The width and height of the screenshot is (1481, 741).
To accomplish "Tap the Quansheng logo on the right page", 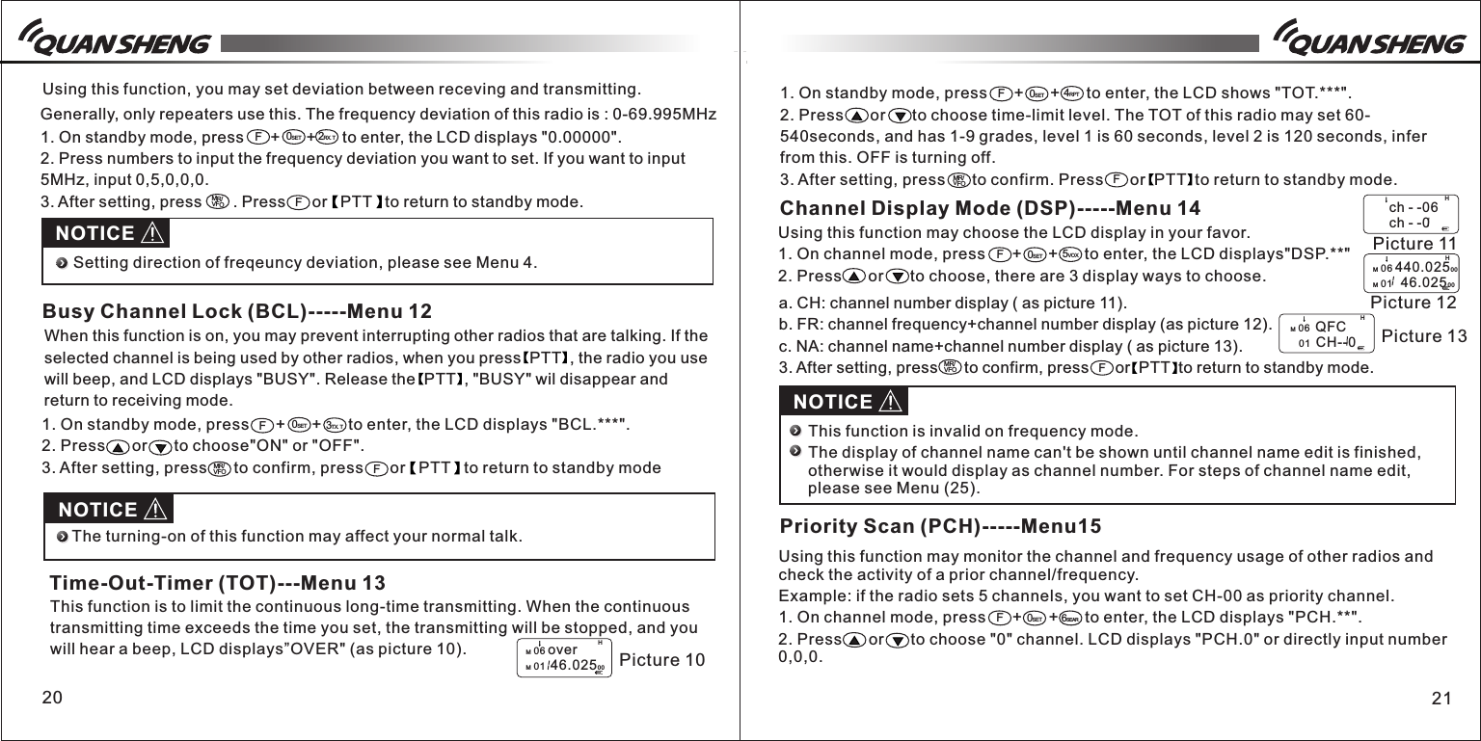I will [1368, 42].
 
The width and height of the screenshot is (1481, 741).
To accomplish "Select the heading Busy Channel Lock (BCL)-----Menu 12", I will [237, 312].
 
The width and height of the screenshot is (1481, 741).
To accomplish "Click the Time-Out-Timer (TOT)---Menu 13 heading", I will [218, 583].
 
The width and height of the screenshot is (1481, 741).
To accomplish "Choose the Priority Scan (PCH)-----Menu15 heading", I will [940, 526].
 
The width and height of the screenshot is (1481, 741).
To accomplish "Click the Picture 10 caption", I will [662, 660].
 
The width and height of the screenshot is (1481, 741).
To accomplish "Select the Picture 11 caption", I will [1414, 243].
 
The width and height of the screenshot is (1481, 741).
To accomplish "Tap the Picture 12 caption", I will [1413, 304].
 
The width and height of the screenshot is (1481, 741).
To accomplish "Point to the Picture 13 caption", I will [1424, 336].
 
